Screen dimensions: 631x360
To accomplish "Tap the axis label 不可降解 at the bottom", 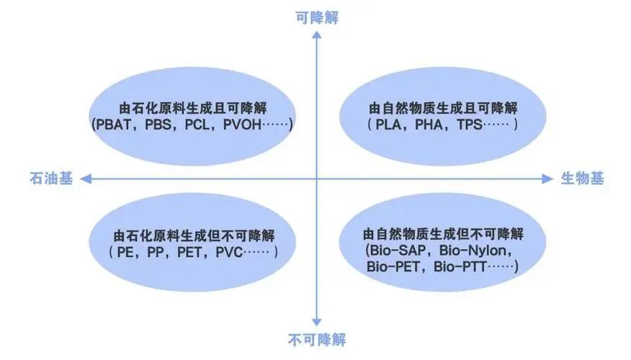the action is pos(315,338).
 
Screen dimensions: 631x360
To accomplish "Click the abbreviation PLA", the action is pos(390,125).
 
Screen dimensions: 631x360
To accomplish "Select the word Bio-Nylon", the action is pos(478,251).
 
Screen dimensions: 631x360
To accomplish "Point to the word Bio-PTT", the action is pos(460,268).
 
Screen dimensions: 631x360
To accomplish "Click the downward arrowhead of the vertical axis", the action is pos(316,322).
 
